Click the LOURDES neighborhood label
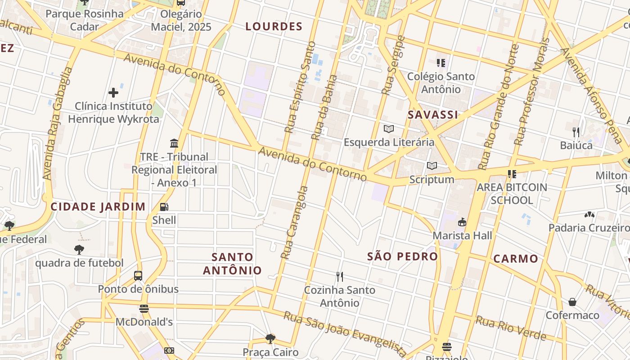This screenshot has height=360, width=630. coord(274,27)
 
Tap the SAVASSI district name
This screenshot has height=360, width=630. coord(433,115)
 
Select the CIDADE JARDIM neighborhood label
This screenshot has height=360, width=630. coord(98,207)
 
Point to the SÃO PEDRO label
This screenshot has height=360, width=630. coord(402,256)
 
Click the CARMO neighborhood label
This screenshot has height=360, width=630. coord(516,259)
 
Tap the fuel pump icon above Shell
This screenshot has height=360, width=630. coord(164,207)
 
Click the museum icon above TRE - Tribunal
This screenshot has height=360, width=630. coord(174,144)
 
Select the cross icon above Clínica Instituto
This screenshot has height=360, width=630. coord(113,93)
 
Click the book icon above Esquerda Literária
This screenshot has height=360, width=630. coord(389,129)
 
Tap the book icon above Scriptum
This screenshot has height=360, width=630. coord(432,166)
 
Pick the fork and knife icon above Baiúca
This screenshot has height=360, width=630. coord(576,132)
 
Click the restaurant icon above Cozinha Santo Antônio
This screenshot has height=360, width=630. coord(340,276)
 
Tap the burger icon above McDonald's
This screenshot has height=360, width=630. coord(144,309)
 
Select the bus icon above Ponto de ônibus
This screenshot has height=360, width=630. coord(138,275)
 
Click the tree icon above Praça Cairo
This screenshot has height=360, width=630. coord(270,338)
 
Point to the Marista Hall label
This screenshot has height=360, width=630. coord(462,235)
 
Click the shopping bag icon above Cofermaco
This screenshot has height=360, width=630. coord(572,301)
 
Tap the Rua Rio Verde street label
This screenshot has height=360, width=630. coord(511,328)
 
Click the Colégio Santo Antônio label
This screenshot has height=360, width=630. coord(441,83)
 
